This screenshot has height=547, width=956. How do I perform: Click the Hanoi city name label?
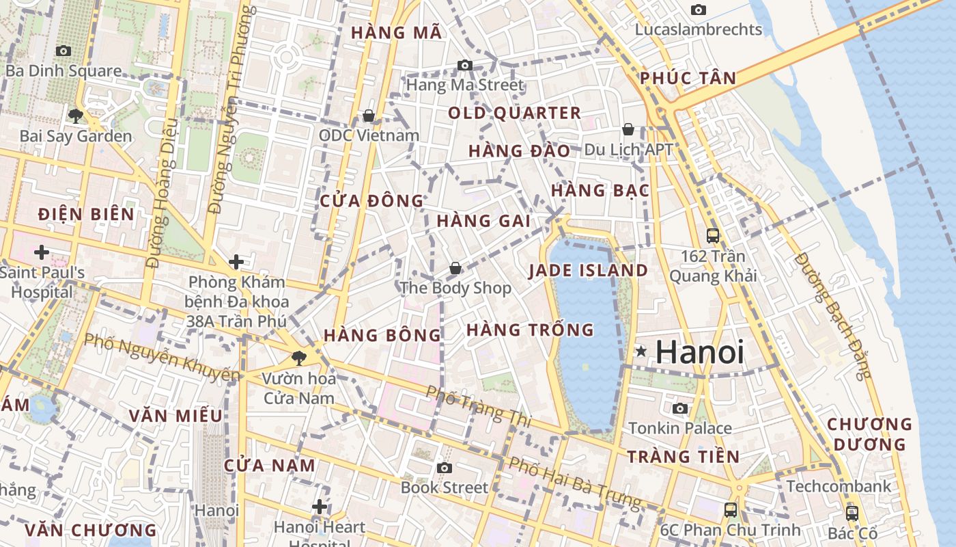click(699, 352)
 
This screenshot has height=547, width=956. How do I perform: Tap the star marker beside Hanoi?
click(641, 351)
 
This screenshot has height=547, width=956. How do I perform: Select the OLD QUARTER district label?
click(514, 113)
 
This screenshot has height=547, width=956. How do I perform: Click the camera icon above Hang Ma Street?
click(465, 66)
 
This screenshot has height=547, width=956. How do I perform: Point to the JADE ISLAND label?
click(589, 270)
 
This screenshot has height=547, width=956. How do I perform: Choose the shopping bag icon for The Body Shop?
click(455, 269)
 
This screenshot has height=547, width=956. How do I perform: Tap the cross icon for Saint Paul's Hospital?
click(42, 252)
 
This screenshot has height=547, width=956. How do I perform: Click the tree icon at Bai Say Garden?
click(76, 116)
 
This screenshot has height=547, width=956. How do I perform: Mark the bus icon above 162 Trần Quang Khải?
click(713, 236)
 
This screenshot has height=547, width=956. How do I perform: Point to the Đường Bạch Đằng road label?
click(834, 315)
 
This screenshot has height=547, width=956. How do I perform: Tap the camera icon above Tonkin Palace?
click(680, 409)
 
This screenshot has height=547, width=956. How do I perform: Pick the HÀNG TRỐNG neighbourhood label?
click(530, 330)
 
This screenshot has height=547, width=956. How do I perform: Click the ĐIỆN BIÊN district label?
click(86, 214)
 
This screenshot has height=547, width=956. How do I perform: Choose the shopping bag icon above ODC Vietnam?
click(369, 116)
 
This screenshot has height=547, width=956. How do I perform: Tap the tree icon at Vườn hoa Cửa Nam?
click(298, 358)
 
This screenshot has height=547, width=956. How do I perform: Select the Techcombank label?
click(839, 486)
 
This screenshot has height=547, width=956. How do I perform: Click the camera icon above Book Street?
click(445, 468)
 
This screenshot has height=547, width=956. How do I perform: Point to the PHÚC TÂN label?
click(688, 78)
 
